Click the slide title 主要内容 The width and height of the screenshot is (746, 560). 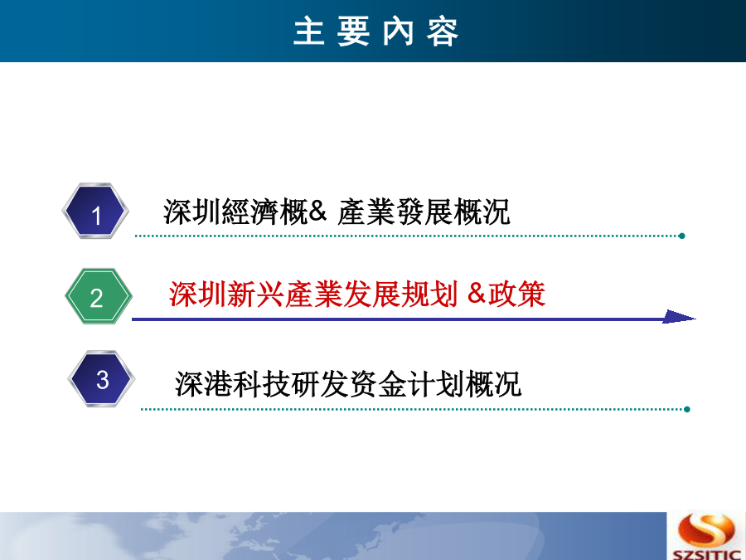tap(375, 32)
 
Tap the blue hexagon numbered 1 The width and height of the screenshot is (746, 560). tap(95, 211)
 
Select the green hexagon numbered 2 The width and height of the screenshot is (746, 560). tap(99, 296)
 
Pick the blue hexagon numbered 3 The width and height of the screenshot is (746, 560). tap(101, 378)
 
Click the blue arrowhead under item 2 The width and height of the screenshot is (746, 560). tap(679, 317)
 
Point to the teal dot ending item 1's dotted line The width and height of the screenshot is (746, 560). tap(682, 236)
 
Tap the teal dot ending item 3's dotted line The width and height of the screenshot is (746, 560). tap(687, 409)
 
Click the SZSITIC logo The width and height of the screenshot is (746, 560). tap(706, 536)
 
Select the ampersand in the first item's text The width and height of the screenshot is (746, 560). tap(317, 211)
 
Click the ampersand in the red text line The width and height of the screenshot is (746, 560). tap(477, 293)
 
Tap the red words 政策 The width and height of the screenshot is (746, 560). tap(516, 294)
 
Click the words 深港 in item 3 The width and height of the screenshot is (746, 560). tap(204, 384)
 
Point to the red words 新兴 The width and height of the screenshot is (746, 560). tap(255, 294)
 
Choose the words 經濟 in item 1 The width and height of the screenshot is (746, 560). tap(250, 212)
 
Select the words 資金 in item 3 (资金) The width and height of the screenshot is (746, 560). tap(378, 384)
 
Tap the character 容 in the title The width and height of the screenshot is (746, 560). tap(443, 32)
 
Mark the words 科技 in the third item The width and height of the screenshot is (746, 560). tap(262, 384)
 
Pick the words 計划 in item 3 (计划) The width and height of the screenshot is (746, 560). tap(436, 384)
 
